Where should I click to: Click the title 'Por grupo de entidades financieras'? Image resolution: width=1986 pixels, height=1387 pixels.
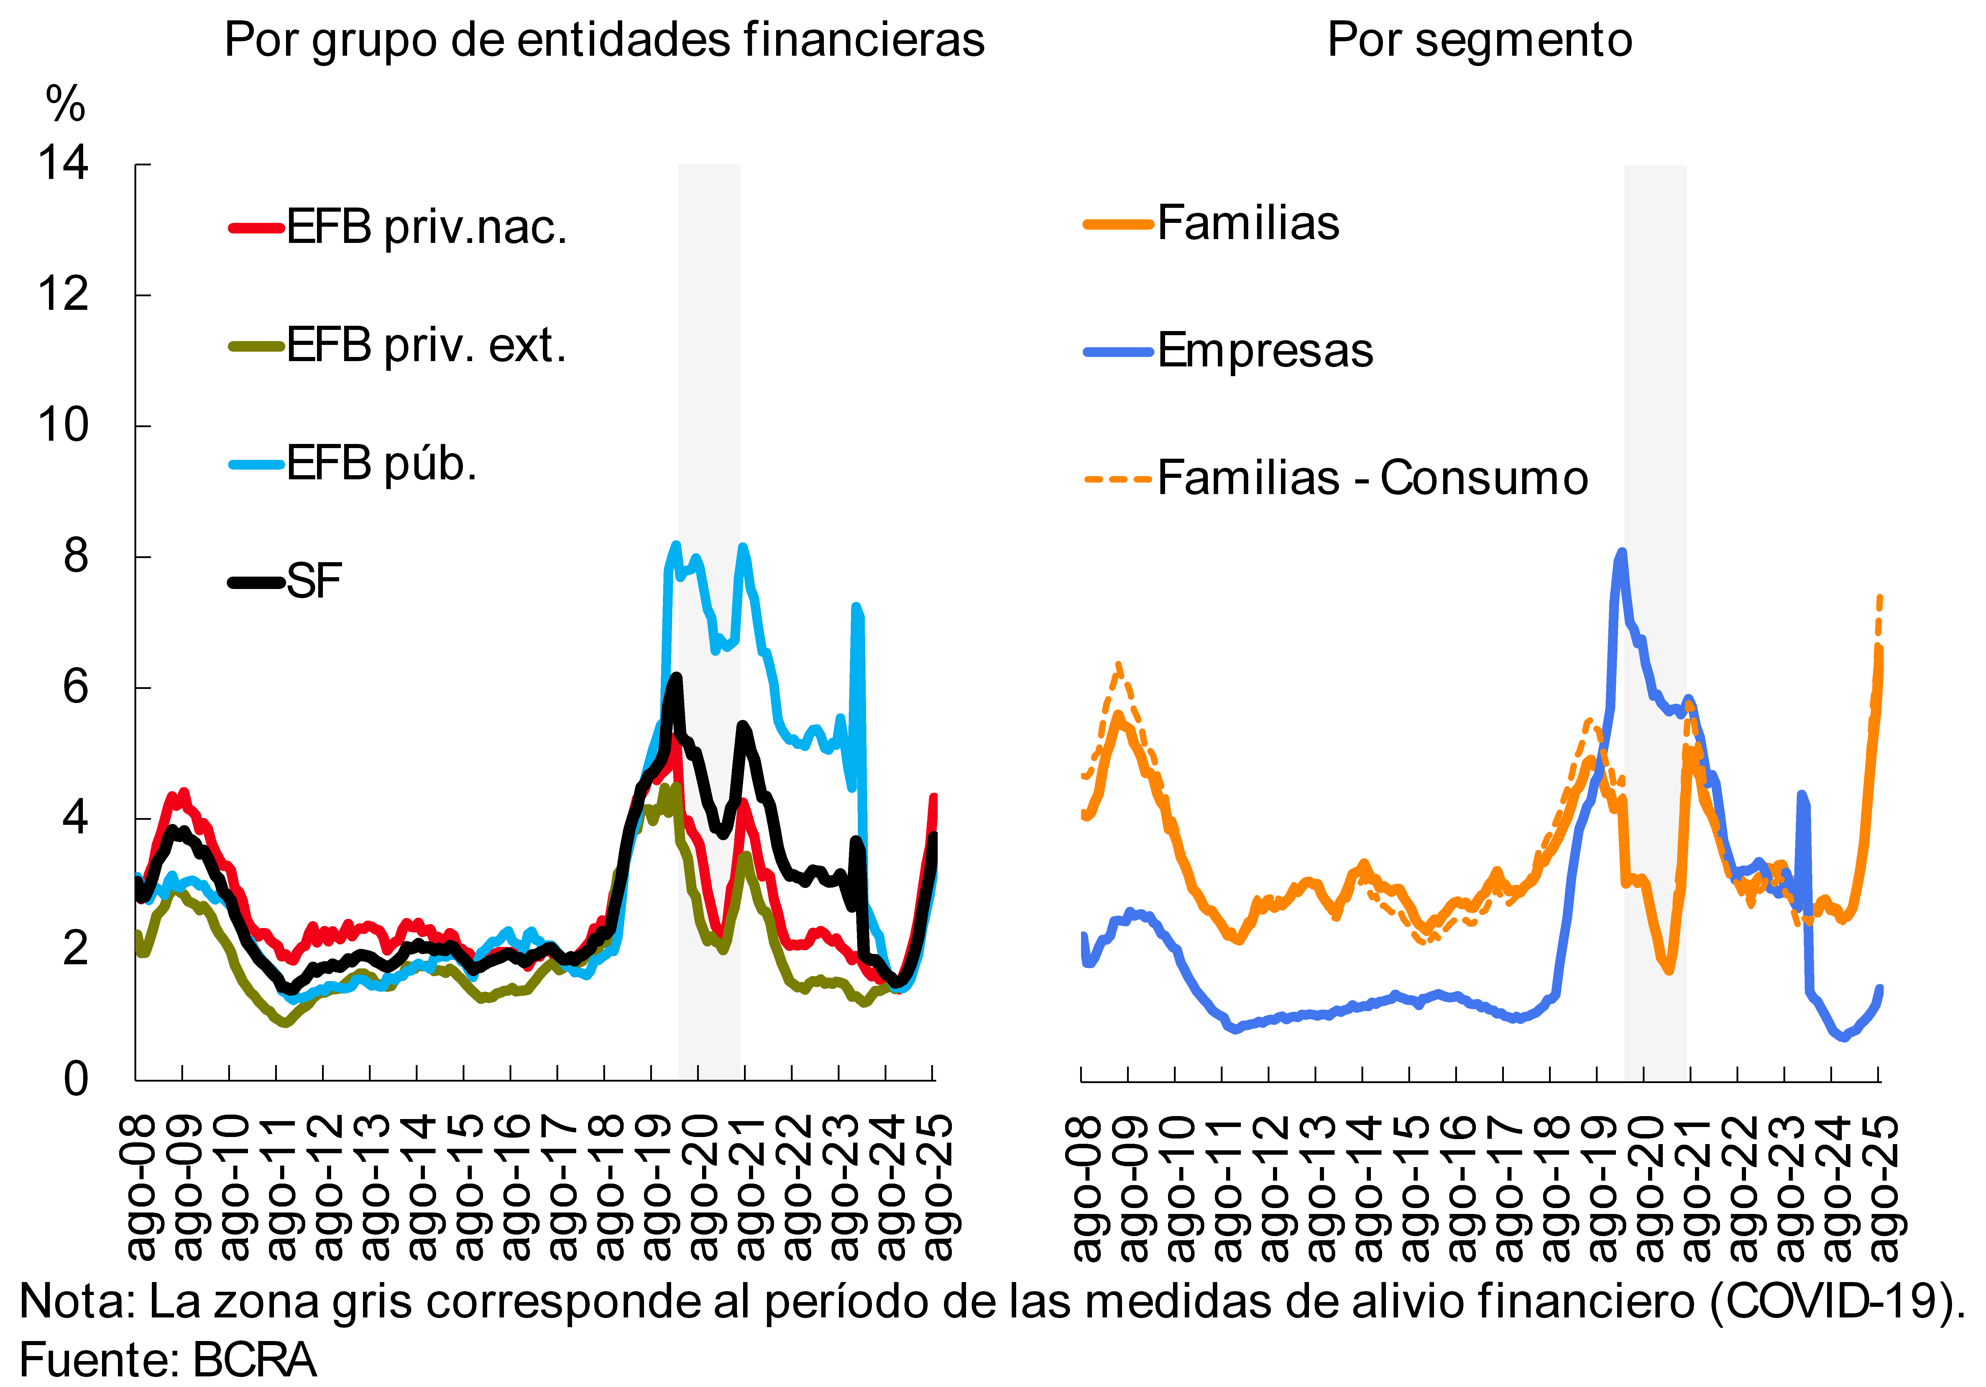(604, 40)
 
